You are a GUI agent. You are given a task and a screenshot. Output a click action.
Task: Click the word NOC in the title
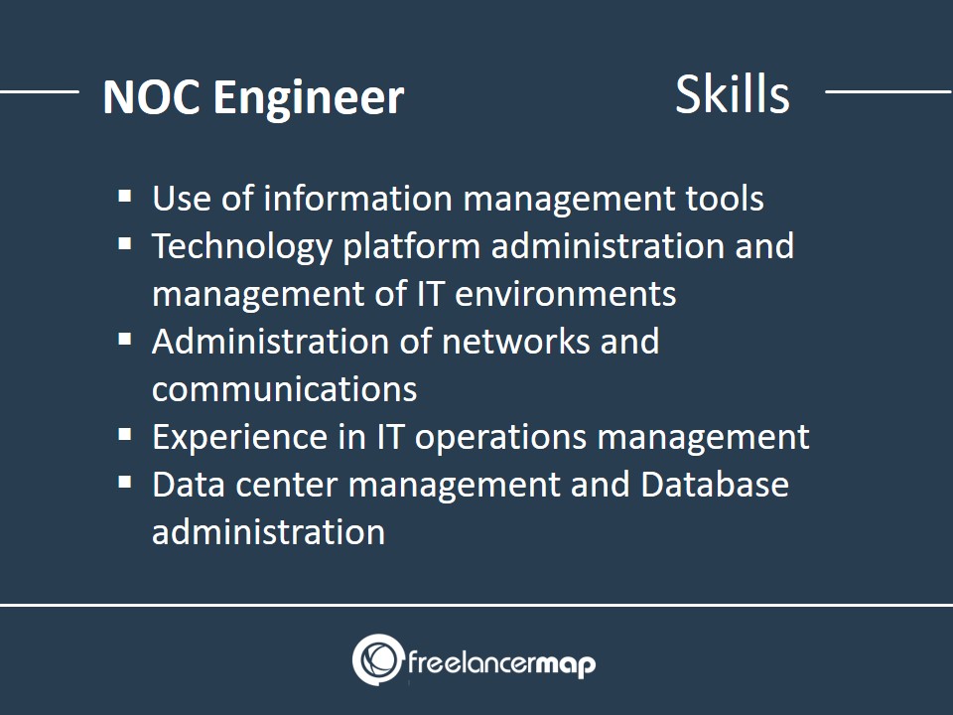point(151,97)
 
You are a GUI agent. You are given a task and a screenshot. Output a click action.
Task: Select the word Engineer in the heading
point(308,97)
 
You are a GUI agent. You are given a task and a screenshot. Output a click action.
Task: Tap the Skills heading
point(733,94)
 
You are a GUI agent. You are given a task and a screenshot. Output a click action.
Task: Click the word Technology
point(242,247)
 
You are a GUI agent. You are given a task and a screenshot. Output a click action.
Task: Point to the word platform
point(411,247)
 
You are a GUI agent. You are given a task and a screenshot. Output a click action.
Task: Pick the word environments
point(565,294)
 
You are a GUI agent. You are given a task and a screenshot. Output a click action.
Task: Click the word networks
point(515,341)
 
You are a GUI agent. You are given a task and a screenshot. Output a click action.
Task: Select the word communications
point(285,389)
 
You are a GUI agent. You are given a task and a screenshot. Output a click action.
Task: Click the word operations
point(500,438)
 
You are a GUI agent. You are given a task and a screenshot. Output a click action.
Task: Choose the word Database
point(715,485)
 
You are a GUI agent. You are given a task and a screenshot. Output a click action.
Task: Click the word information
point(357,199)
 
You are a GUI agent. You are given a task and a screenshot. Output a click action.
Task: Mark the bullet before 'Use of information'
point(125,197)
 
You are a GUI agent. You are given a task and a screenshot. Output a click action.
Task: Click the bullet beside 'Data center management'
point(125,483)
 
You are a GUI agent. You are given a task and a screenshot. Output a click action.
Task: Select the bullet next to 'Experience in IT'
point(125,435)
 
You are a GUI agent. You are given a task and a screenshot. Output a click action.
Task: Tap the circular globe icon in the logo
point(378,659)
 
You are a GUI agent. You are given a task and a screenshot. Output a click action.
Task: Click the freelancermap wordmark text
point(502,663)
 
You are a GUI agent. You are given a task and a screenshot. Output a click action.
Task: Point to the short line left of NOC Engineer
point(40,91)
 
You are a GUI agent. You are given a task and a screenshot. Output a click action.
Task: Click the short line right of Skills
point(888,91)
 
